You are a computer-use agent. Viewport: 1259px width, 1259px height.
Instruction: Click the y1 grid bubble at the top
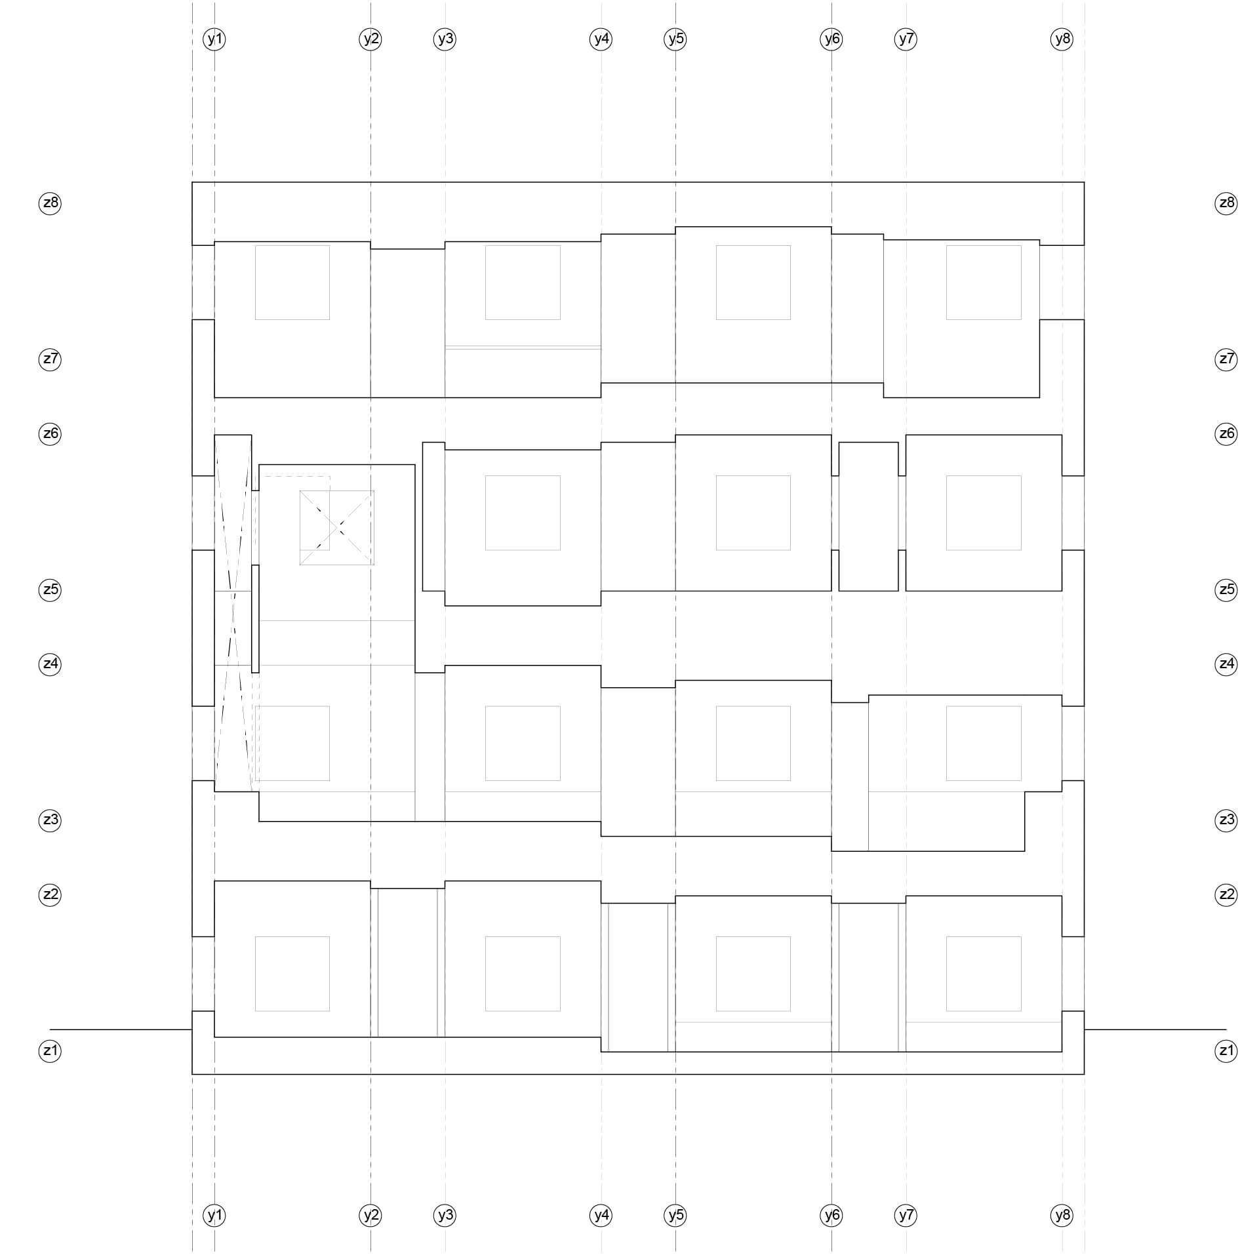214,39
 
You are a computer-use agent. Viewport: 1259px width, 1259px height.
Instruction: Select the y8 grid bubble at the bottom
1062,1215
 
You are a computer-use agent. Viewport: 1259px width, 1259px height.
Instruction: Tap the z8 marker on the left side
50,203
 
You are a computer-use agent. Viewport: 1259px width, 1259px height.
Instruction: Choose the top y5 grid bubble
675,39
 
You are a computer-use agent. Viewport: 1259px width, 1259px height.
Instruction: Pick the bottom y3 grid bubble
445,1215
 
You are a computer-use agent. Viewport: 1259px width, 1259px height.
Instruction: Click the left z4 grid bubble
50,664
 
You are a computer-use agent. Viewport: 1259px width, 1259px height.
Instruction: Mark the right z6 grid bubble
1226,433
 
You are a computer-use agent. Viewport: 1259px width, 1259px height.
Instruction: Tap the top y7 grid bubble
906,39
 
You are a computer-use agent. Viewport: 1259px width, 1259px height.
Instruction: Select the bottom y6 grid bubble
831,1215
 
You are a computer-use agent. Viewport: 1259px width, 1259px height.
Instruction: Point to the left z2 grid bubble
50,894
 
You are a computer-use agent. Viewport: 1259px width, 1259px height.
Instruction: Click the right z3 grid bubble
1226,820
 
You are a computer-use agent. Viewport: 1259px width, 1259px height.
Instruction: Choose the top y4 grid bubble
601,39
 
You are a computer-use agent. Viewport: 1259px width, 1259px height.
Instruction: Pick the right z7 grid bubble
1226,359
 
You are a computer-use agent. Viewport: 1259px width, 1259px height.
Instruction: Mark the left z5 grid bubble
50,590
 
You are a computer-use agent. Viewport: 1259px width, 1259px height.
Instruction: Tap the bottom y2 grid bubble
370,1215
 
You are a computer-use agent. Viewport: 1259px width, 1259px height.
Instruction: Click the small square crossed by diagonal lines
337,527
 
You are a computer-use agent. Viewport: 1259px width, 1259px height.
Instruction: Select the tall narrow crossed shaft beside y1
233,613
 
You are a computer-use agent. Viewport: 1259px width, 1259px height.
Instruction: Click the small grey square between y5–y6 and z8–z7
753,283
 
